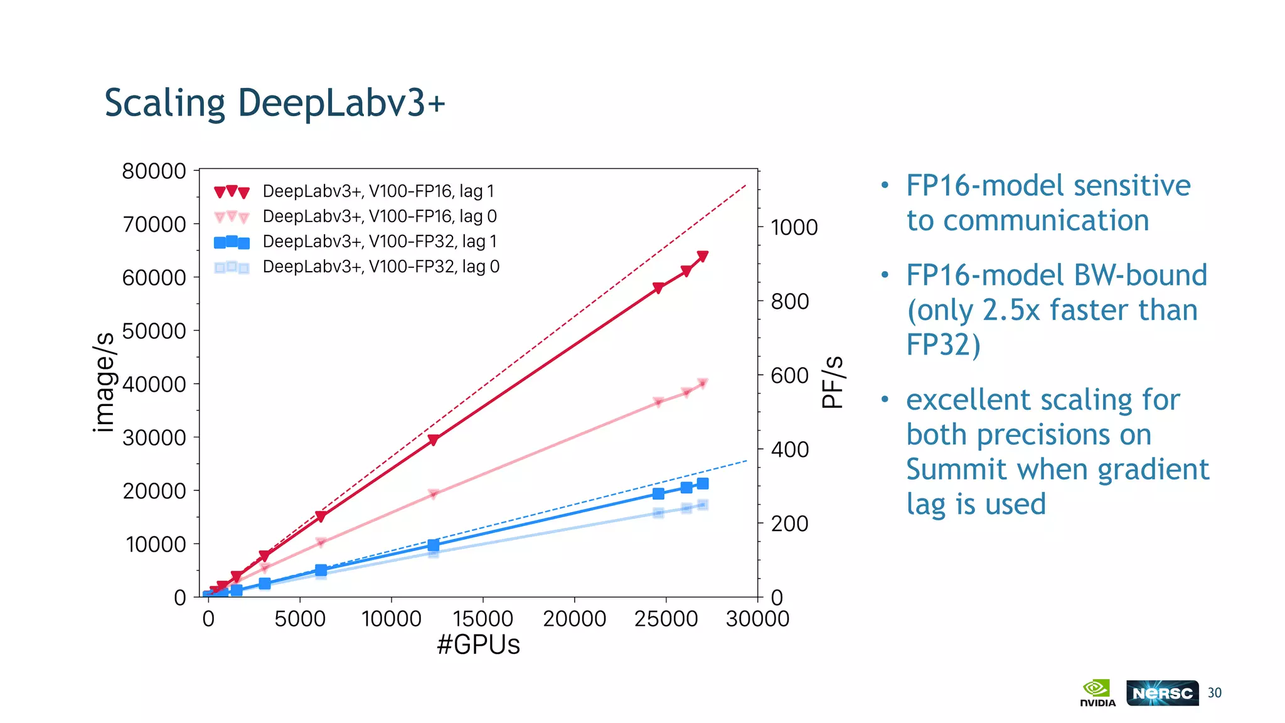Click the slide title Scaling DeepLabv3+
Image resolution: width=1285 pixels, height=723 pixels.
pos(274,103)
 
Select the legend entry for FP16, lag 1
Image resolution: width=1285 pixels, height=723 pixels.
pos(378,191)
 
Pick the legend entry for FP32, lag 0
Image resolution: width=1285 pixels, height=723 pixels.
pos(381,267)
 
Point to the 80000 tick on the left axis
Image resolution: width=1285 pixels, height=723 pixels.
pos(154,171)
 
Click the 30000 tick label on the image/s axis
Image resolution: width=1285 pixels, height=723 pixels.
pos(154,437)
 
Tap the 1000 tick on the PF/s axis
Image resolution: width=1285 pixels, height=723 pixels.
pos(794,227)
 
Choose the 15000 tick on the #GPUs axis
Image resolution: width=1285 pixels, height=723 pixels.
pos(483,619)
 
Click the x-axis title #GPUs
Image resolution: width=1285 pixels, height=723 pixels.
pos(478,645)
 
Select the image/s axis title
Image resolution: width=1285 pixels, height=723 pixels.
pos(104,382)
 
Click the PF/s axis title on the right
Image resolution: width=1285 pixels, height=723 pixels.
pos(833,382)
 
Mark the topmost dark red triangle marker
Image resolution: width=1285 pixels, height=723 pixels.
pos(703,256)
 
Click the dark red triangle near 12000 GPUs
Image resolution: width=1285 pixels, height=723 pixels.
pos(433,441)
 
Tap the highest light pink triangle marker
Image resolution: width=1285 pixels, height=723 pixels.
pos(703,383)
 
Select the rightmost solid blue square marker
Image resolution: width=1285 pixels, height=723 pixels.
pos(703,483)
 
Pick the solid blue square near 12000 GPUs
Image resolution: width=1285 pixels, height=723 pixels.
pos(433,545)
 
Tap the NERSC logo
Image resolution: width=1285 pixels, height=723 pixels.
pos(1162,693)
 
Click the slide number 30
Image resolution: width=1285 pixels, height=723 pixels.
pos(1215,693)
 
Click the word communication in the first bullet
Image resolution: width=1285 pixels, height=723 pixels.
pos(1046,221)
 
